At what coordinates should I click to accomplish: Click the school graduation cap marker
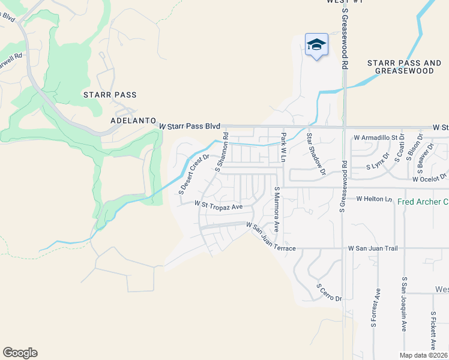point(316,45)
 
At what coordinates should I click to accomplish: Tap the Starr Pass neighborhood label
point(110,95)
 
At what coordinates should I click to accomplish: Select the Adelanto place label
point(133,120)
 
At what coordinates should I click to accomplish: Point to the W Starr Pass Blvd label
point(190,127)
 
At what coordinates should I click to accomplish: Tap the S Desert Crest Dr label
point(193,175)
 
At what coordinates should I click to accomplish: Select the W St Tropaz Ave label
point(218,205)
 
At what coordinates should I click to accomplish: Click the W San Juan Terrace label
point(271,236)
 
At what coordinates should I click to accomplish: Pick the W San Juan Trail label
point(373,248)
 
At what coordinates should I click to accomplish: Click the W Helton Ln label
point(373,199)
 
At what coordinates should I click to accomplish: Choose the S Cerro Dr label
point(329,292)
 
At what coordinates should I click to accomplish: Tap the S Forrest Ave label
point(375,308)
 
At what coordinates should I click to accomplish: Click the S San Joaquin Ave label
point(405,304)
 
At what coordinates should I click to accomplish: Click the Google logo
point(20,353)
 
